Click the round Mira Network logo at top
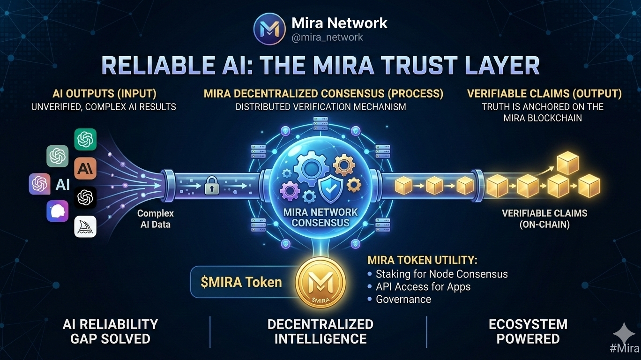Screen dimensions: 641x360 click(269, 29)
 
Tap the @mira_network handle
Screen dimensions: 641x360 click(327, 37)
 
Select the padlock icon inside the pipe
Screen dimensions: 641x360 click(211, 187)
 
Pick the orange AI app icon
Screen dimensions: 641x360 click(85, 168)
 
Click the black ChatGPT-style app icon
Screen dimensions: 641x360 click(85, 198)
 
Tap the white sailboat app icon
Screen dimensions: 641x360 click(85, 227)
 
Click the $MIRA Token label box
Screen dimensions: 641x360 click(241, 282)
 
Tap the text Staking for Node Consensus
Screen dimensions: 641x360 click(441, 274)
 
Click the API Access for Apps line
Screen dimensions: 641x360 click(423, 286)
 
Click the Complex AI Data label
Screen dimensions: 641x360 click(155, 218)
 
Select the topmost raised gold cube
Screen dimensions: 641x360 click(567, 163)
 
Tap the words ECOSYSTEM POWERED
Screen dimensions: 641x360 click(528, 331)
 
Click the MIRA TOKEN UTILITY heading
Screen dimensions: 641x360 click(422, 260)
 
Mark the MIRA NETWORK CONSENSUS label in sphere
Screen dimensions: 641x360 click(320, 217)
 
